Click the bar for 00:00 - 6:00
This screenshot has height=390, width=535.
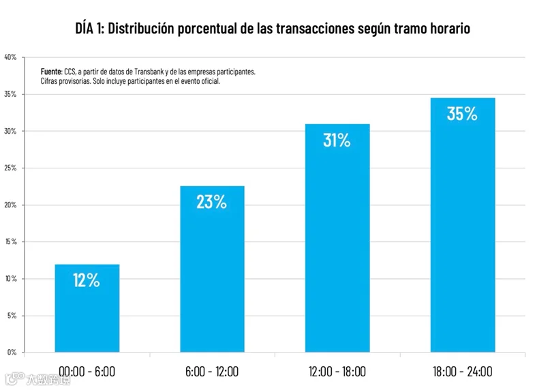(87, 308)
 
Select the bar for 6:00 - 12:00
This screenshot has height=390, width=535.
(212, 269)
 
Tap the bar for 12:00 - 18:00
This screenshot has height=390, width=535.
(337, 238)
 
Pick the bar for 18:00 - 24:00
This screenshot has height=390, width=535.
(463, 225)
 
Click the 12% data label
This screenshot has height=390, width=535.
(87, 280)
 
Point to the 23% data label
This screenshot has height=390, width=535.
(211, 202)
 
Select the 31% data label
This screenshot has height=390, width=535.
(337, 140)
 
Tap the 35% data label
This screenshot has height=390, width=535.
(462, 114)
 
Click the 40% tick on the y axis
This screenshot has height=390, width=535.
(10, 57)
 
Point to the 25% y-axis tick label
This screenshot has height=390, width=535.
(10, 168)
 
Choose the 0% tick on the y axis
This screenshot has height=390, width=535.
(12, 352)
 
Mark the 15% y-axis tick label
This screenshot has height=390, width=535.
(11, 241)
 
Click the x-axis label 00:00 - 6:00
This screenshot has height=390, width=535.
(87, 372)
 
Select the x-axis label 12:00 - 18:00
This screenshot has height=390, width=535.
(337, 372)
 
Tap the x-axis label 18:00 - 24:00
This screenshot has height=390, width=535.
(463, 372)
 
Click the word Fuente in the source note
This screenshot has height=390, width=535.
(52, 72)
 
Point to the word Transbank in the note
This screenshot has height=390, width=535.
(149, 72)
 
